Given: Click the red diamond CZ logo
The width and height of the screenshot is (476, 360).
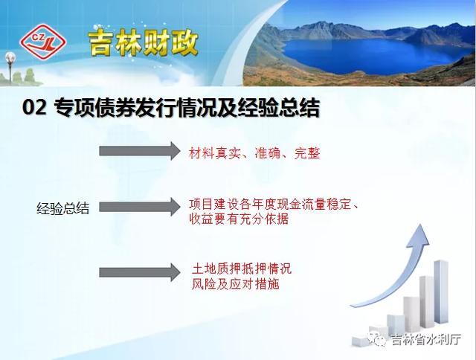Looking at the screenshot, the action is tap(43, 42).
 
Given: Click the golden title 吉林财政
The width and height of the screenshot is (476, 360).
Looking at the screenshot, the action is tap(144, 43).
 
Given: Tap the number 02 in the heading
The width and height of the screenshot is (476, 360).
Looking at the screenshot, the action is tap(34, 107).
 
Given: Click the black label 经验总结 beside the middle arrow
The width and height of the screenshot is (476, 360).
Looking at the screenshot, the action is tap(62, 208).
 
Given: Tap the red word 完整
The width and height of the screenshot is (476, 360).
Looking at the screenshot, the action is tap(307, 153).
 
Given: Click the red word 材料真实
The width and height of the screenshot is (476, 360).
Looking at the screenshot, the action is tap(214, 153).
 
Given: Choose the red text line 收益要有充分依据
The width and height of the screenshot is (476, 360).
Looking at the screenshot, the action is tap(239, 219).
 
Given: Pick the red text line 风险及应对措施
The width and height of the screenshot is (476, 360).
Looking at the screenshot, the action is tap(235, 284).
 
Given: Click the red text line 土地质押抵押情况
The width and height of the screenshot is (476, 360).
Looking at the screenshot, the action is tap(242, 269).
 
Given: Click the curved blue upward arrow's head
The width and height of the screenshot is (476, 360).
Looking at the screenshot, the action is tap(419, 237).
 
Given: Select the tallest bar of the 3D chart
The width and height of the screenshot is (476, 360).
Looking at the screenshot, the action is tap(441, 292).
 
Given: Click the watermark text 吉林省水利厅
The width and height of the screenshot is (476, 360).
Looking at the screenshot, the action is tap(425, 339).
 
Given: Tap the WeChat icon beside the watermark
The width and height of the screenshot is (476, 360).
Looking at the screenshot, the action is tap(377, 338).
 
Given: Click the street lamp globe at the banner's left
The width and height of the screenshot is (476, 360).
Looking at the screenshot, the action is tap(10, 57).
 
